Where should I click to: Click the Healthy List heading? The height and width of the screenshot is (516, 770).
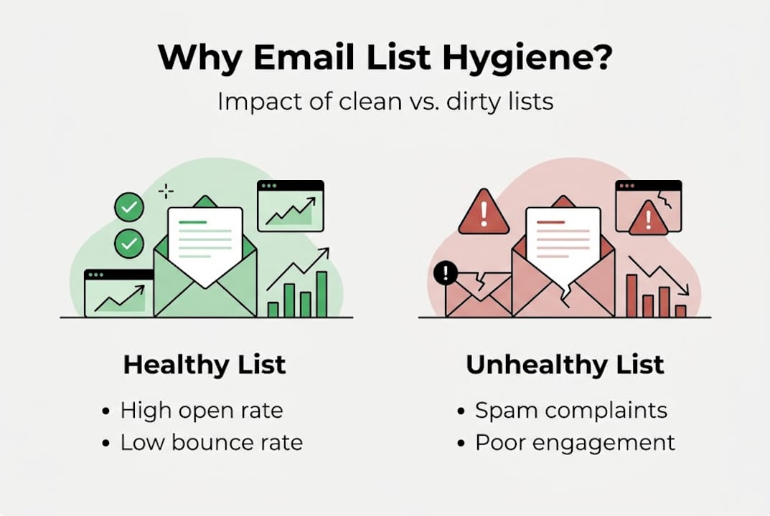pos(205,365)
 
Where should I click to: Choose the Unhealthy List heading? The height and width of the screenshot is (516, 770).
pos(565,365)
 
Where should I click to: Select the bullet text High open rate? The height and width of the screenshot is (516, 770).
pos(202,411)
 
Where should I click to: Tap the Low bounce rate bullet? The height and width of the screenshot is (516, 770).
pos(212,443)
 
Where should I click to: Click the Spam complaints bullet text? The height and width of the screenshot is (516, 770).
pos(571,411)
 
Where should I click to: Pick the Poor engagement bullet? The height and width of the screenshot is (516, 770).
pos(575,443)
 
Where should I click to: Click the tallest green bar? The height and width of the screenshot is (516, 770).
pos(321,294)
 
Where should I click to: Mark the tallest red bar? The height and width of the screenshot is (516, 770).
pos(632,295)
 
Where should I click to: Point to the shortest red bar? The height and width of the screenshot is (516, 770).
pos(680,310)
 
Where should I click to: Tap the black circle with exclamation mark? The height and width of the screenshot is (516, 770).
pos(446,272)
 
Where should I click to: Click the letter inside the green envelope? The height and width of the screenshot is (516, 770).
pos(205,244)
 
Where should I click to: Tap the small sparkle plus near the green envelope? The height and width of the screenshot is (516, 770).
pos(166,191)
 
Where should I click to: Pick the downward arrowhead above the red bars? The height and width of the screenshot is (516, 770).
pos(684,291)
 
